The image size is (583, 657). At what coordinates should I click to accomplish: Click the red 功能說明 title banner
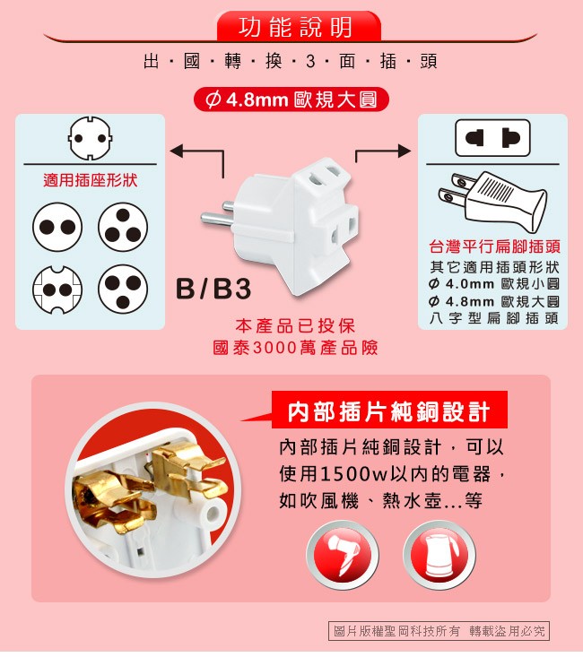(x=299, y=26)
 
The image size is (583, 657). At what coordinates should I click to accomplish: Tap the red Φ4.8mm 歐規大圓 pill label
(x=291, y=99)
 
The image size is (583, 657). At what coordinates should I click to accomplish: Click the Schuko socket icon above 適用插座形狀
(x=91, y=138)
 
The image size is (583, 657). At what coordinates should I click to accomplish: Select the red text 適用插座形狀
(x=91, y=180)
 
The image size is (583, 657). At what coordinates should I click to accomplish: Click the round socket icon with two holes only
(x=57, y=227)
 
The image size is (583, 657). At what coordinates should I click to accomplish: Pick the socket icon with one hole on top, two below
(x=123, y=227)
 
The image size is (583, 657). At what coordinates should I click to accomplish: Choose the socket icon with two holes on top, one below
(x=123, y=290)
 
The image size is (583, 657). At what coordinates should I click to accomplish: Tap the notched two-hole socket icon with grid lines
(x=57, y=290)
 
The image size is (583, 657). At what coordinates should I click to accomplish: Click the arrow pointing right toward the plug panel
(x=382, y=150)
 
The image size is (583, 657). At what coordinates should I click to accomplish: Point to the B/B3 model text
(x=213, y=289)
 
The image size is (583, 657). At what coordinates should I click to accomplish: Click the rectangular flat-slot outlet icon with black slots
(x=492, y=138)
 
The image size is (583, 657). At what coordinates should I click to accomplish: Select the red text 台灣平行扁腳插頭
(x=494, y=246)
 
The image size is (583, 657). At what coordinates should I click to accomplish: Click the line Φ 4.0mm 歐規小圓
(x=494, y=284)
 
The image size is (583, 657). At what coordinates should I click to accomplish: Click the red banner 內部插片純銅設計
(x=389, y=411)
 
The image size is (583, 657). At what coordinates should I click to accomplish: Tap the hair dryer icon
(x=343, y=555)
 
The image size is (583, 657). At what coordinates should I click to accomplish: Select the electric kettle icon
(x=439, y=555)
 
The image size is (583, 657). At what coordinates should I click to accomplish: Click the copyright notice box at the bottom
(x=439, y=631)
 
